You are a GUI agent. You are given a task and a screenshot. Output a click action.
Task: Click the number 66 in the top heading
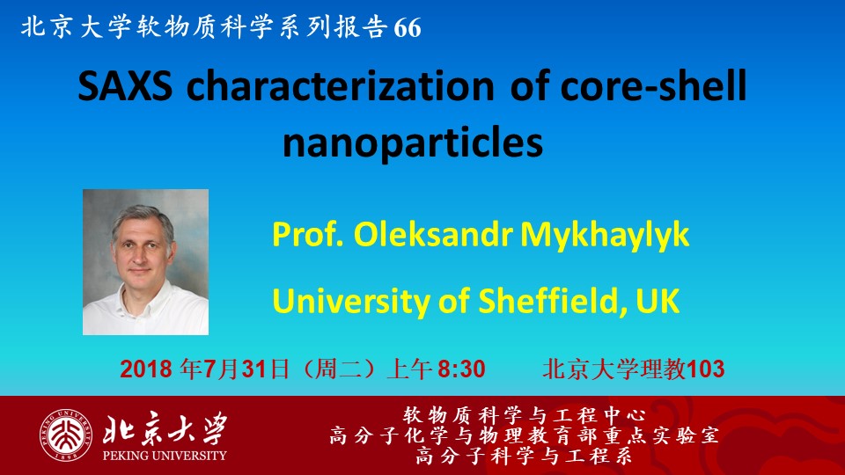(408, 27)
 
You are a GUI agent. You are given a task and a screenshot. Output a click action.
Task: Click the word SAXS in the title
(125, 86)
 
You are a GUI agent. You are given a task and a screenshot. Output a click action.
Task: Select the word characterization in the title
(340, 86)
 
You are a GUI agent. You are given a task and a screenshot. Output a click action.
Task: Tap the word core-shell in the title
(653, 85)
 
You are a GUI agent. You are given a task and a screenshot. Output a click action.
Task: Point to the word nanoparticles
(413, 142)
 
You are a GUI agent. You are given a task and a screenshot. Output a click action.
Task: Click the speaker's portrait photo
(145, 262)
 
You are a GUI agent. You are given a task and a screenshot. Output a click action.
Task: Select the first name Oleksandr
(433, 235)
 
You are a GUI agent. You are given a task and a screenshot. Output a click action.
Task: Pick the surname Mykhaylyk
(605, 236)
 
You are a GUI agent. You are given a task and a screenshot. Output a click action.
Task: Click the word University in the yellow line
(351, 301)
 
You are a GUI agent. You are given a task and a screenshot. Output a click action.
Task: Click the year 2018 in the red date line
(146, 369)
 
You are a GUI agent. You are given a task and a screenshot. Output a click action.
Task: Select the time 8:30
(461, 369)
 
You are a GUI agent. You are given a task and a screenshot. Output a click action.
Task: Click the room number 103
(706, 369)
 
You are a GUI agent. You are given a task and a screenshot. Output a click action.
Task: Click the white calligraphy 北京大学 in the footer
(165, 429)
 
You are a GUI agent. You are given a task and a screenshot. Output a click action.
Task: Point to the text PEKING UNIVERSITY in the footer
(165, 456)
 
